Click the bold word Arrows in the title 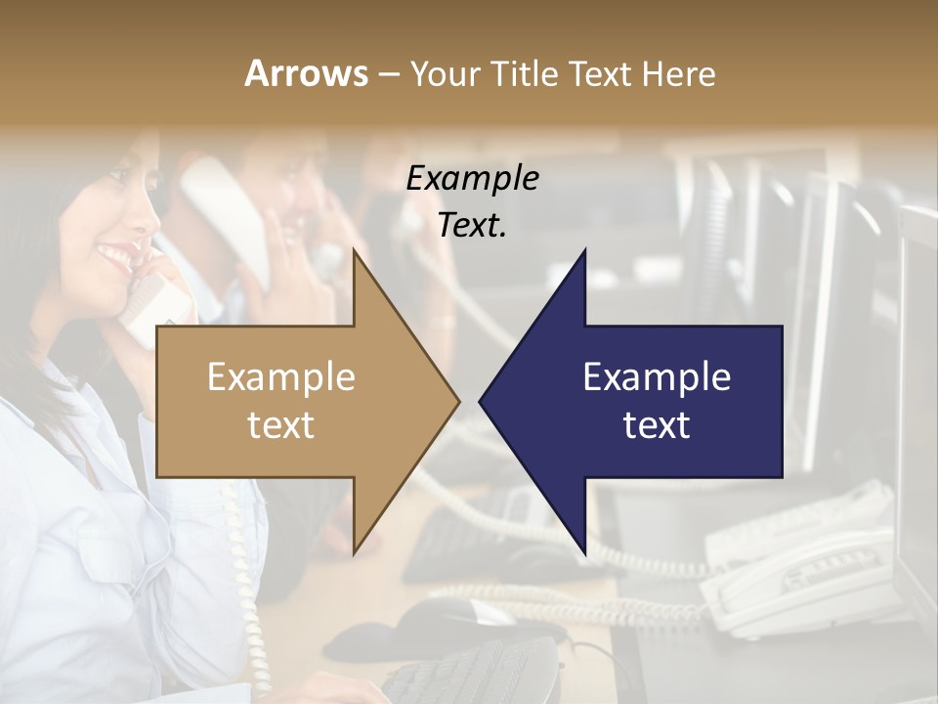pos(306,73)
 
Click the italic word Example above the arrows pos(472,178)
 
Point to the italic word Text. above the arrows pos(472,225)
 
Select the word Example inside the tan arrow pos(281,377)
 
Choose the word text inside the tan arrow pos(281,425)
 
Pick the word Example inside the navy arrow pos(657,377)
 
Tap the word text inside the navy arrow pos(657,425)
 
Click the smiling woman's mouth pos(114,257)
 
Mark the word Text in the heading pos(602,73)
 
